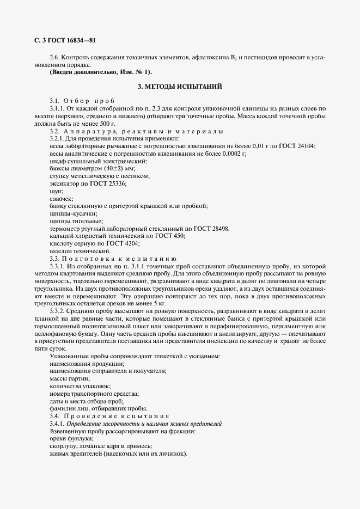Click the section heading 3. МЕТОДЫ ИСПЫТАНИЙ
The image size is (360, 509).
pyautogui.click(x=179, y=87)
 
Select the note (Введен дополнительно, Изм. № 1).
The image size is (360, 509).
pyautogui.click(x=101, y=72)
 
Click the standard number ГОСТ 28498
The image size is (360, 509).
pyautogui.click(x=210, y=229)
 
